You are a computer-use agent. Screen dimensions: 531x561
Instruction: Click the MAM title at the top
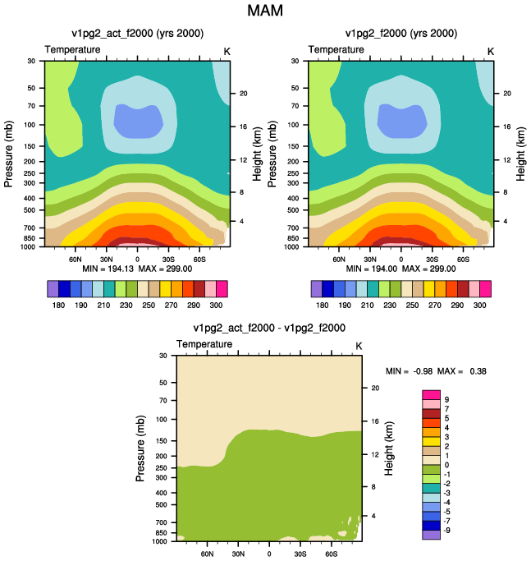(265, 11)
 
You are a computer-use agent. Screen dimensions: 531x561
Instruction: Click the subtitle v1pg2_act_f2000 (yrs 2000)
(138, 34)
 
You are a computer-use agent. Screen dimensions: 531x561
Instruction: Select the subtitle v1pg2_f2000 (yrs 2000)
(401, 34)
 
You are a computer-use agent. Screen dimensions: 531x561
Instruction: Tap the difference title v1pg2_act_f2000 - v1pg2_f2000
(269, 328)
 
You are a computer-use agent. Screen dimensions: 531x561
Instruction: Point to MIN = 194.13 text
(108, 269)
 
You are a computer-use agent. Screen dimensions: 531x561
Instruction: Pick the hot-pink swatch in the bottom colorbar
(431, 395)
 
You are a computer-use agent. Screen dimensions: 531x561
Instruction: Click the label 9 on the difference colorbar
(446, 400)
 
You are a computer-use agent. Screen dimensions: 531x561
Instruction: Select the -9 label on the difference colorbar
(446, 531)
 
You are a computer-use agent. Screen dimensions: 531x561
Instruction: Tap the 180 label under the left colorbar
(58, 306)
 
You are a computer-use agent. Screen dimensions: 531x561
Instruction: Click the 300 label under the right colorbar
(479, 306)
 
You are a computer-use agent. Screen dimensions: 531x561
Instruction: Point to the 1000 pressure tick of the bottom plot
(159, 541)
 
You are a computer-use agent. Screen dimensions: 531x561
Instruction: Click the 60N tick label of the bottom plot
(207, 554)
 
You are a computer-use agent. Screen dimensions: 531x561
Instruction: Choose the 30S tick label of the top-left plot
(168, 260)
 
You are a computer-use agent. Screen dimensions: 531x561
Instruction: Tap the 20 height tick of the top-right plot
(507, 94)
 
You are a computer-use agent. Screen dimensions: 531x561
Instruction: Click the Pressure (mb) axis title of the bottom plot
(140, 448)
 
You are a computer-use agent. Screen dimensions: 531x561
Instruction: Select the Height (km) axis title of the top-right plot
(520, 154)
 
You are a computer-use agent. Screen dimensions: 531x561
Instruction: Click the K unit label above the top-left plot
(227, 52)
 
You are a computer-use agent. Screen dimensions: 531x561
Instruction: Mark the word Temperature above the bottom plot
(204, 344)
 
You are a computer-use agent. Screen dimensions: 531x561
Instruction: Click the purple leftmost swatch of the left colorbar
(53, 289)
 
